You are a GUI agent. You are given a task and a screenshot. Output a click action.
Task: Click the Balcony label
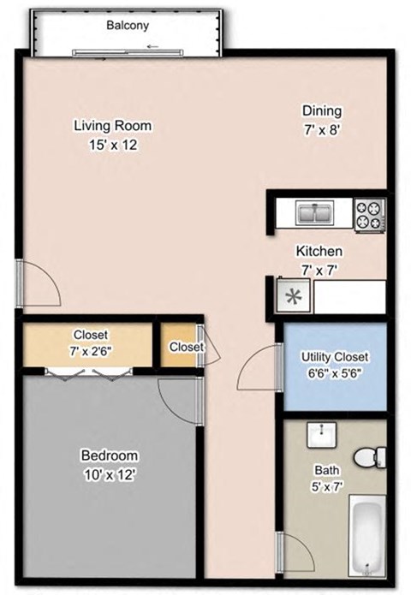coord(128,26)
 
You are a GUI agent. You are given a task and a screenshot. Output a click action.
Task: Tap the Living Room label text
coord(112,126)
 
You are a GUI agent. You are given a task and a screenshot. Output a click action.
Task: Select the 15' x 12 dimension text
coord(112,145)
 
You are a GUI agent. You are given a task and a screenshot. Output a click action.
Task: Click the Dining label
coord(322,110)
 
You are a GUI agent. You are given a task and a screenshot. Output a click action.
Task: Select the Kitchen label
coord(319,252)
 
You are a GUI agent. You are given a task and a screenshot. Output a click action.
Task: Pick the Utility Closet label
coord(335,357)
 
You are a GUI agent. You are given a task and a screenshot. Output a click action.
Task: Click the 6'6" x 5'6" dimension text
coord(335,374)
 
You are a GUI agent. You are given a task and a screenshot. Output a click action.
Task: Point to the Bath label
coord(327,470)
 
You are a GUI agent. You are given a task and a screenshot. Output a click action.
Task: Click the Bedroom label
coord(109,455)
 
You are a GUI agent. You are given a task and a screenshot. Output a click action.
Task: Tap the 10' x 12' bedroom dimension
coord(109,473)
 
